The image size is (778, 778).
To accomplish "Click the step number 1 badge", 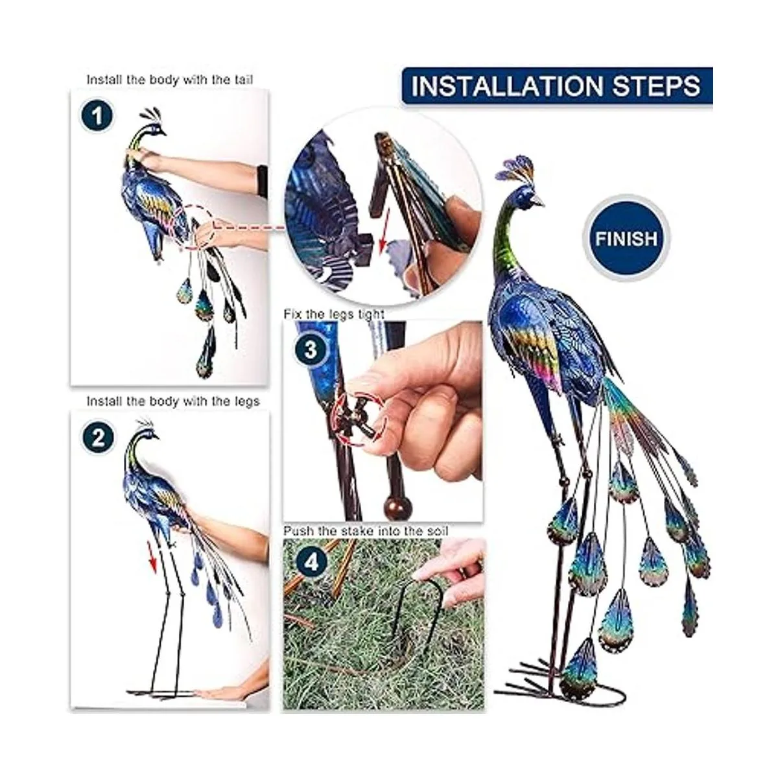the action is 97,117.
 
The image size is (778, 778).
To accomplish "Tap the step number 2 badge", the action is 98,438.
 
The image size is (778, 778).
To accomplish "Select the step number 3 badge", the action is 310,349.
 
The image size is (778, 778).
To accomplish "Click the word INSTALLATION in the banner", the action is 508,86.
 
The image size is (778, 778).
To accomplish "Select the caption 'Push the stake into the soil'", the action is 366,530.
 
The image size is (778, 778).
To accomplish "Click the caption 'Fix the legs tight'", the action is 333,314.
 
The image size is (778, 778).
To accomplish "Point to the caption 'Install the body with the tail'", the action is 170,80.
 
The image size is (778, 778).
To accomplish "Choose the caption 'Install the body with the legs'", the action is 173,401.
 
